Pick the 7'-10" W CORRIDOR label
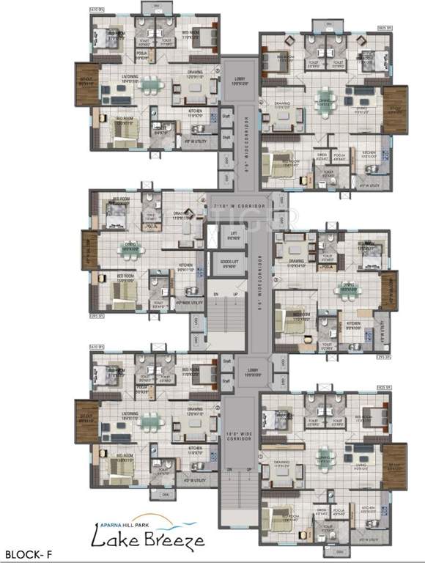coord(237,208)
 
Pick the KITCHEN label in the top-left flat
coord(195,111)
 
